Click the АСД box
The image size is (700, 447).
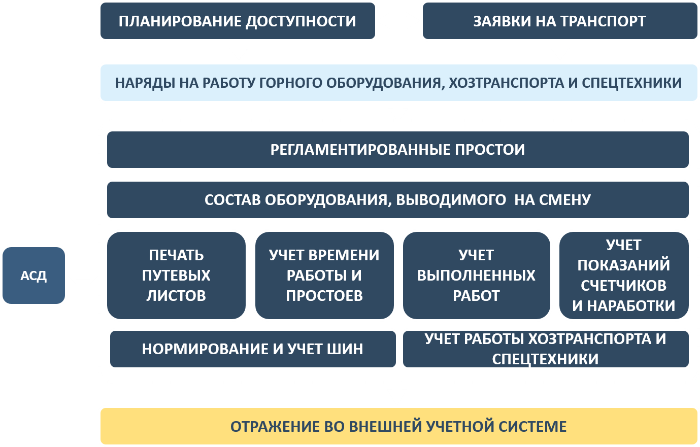pos(34,275)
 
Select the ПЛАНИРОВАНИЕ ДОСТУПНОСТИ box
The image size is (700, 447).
pos(238,21)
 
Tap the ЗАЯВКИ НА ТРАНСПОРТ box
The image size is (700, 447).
pos(560,21)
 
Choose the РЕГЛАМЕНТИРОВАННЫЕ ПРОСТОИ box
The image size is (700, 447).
pos(398,150)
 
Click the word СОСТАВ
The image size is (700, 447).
pos(232,200)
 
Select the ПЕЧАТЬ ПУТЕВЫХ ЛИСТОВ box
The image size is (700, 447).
pos(176,275)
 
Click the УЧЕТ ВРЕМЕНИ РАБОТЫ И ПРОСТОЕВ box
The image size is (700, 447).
pos(324,275)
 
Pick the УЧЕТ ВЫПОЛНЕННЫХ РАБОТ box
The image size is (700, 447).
pos(476,275)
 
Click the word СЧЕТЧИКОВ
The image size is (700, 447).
pos(623,286)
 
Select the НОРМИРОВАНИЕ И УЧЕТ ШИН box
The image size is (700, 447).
pos(253,349)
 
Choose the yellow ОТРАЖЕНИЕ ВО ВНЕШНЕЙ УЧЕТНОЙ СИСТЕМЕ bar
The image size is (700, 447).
pos(399,426)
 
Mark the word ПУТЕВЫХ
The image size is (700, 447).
pos(176,276)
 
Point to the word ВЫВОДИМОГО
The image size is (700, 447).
pos(451,200)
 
